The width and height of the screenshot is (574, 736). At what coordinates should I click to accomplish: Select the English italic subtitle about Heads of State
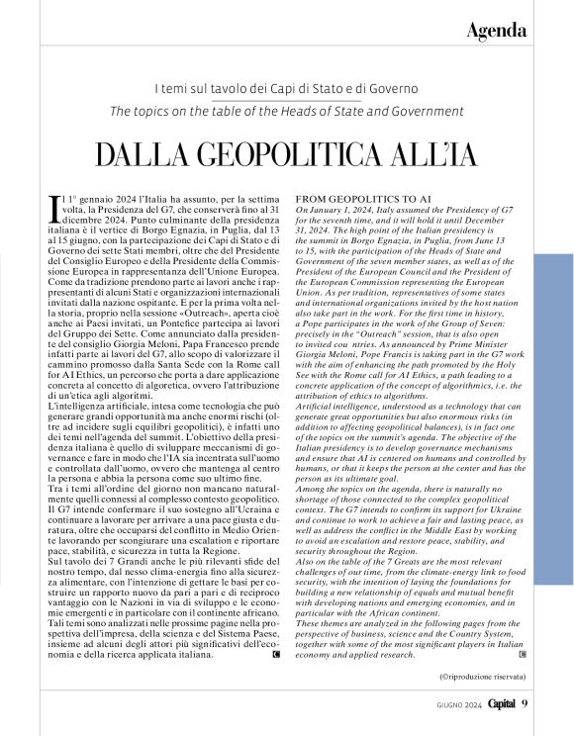click(x=286, y=110)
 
